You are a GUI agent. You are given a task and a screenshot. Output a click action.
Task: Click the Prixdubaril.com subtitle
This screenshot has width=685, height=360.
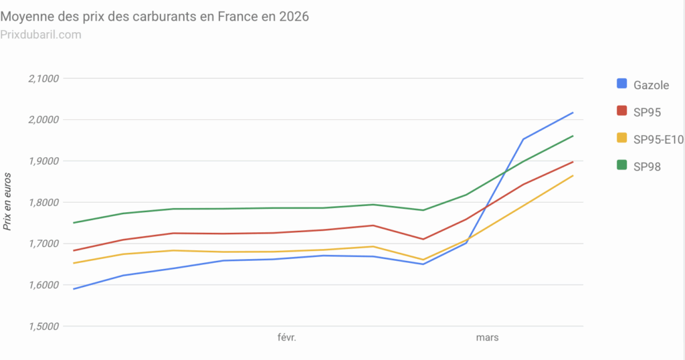click(41, 34)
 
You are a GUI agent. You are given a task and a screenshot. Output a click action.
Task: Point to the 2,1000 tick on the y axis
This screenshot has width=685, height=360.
click(43, 78)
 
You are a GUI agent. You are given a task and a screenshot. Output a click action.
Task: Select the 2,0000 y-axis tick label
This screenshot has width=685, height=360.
click(43, 120)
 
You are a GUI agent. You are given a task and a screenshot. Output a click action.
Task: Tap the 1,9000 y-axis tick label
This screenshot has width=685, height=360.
click(43, 161)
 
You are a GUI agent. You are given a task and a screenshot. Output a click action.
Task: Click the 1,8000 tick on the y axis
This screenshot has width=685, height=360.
click(43, 202)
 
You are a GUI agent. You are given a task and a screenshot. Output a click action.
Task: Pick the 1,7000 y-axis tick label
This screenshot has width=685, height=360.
click(43, 244)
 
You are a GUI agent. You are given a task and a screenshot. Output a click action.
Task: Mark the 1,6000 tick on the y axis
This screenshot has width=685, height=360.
click(43, 285)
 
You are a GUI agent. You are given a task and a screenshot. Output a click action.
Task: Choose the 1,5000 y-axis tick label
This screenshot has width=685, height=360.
click(43, 327)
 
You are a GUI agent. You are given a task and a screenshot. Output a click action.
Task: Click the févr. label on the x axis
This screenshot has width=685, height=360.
click(286, 338)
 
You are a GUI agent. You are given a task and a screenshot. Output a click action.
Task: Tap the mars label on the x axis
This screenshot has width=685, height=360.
click(486, 338)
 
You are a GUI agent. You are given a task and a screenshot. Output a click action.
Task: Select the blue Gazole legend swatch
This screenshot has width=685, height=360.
click(621, 84)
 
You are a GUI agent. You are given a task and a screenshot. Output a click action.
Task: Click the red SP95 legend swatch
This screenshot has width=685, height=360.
click(621, 111)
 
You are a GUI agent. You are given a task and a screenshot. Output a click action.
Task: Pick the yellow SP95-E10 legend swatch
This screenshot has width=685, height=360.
click(621, 139)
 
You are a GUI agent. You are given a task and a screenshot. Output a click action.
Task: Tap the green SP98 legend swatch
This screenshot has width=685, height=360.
click(621, 166)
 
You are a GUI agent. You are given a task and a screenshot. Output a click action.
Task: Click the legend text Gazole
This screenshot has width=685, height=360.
click(651, 84)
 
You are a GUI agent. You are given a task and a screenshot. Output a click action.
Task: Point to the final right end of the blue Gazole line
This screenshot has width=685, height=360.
click(573, 112)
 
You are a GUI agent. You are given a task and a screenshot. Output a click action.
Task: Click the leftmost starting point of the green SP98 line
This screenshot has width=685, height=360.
click(74, 223)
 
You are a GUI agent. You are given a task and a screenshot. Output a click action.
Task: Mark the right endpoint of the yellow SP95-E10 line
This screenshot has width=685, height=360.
click(573, 176)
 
